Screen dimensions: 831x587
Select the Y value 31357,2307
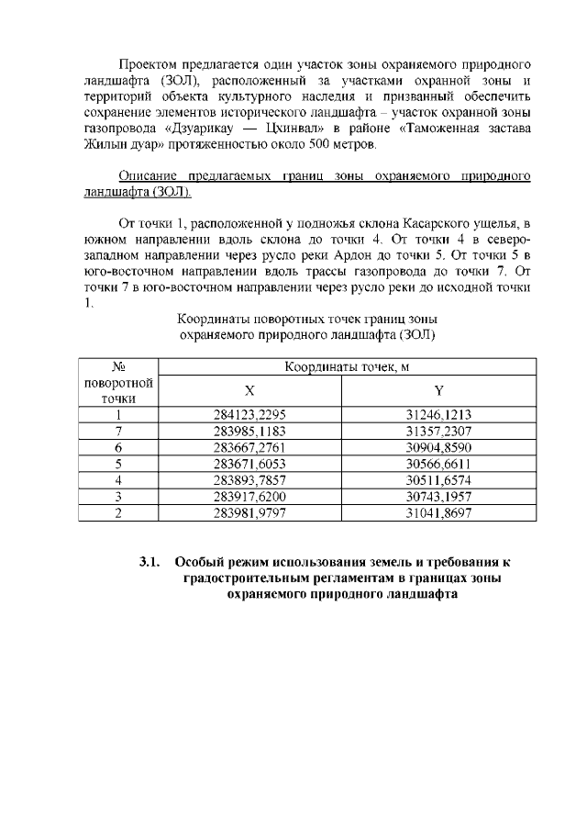pyautogui.click(x=438, y=430)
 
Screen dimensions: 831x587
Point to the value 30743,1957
pyautogui.click(x=438, y=496)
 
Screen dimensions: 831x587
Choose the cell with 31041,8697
pyautogui.click(x=438, y=512)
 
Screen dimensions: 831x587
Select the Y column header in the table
pyautogui.click(x=438, y=390)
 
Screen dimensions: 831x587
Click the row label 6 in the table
pyautogui.click(x=118, y=446)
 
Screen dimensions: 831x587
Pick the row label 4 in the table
pyautogui.click(x=118, y=479)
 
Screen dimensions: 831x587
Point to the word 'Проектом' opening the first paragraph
pyautogui.click(x=150, y=66)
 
